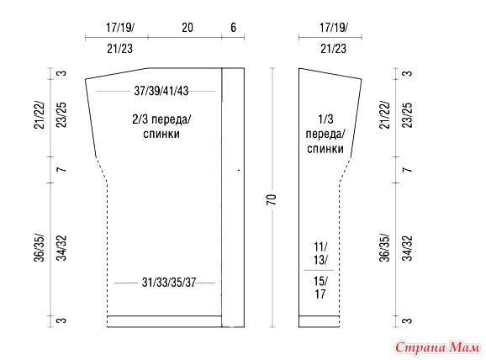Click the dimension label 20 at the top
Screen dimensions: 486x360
(x=188, y=28)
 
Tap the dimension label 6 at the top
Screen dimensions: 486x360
(x=233, y=28)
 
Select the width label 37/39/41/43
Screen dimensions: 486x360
(x=161, y=91)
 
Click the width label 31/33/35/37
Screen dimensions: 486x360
(x=169, y=283)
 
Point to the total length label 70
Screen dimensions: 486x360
(x=272, y=199)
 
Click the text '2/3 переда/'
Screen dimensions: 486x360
(x=161, y=119)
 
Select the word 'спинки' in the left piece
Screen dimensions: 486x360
(x=161, y=134)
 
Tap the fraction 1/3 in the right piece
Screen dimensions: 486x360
(x=325, y=119)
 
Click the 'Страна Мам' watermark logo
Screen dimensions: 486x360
(x=437, y=347)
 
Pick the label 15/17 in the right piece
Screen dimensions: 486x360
(x=320, y=288)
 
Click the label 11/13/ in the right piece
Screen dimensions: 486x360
(x=320, y=253)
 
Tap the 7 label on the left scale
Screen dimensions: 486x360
(x=62, y=170)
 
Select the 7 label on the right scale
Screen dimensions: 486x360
(x=407, y=170)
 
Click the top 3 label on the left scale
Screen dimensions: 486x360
(x=62, y=73)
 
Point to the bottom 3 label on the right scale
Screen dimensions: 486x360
(x=407, y=320)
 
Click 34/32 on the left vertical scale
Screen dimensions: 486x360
(x=62, y=248)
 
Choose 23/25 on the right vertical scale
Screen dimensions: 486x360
(x=407, y=115)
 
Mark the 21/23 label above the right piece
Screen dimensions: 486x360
(x=333, y=49)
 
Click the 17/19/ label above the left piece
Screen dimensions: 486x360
(x=120, y=28)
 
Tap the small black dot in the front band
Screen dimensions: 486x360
(x=239, y=170)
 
